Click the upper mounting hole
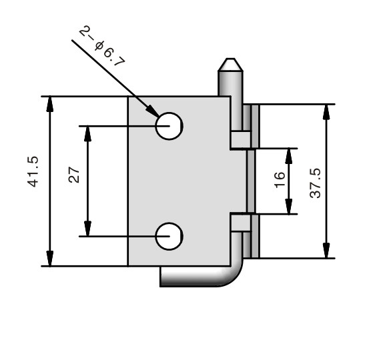169,126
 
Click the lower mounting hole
169,236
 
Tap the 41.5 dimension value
33,172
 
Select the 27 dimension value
74,175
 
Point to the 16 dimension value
280,179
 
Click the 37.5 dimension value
315,183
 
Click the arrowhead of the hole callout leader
153,111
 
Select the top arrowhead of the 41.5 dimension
50,104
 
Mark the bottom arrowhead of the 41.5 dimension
50,259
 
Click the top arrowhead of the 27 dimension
87,134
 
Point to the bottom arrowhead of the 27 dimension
87,229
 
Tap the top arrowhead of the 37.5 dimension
326,112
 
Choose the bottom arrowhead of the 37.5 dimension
326,251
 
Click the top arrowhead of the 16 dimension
289,156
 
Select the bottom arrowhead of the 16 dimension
289,206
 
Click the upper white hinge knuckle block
241,140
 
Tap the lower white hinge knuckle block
241,223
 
